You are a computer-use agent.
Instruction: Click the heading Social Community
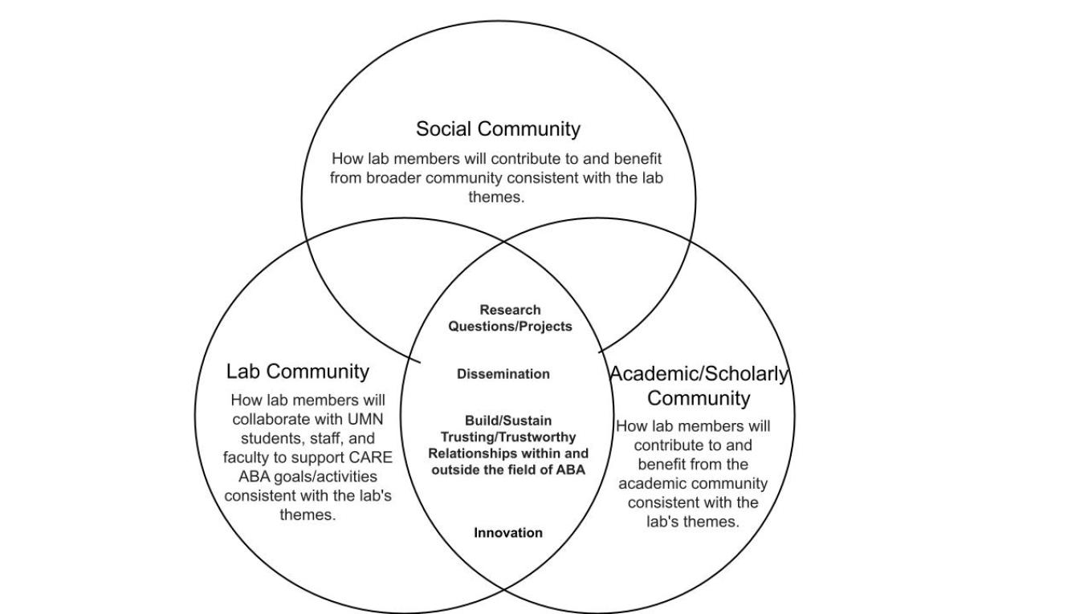click(498, 129)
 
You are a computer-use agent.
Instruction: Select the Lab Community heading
click(297, 372)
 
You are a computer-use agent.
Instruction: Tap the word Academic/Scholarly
click(699, 374)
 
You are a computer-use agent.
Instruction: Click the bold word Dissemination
click(503, 374)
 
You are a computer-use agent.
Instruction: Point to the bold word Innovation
click(508, 533)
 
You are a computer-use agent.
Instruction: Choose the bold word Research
click(510, 310)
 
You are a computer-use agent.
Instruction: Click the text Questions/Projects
click(510, 327)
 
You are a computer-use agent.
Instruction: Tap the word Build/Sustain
click(508, 421)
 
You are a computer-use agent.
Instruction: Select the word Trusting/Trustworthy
click(508, 437)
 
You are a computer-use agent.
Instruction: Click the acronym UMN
click(365, 419)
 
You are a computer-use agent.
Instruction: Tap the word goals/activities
click(325, 477)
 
